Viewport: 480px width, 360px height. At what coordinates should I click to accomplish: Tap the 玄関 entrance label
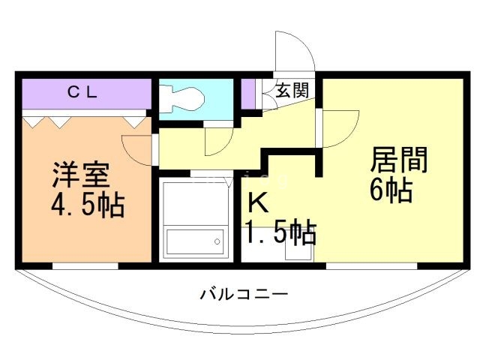(293, 91)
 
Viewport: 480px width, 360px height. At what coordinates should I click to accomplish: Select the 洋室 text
(81, 174)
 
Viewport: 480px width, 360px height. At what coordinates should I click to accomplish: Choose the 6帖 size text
(390, 190)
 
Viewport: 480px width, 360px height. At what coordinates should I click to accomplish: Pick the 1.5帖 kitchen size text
(279, 232)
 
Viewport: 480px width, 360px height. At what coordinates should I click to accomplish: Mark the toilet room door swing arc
(219, 139)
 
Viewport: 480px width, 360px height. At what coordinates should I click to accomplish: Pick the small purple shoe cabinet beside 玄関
(247, 93)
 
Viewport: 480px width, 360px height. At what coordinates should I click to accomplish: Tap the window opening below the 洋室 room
(85, 265)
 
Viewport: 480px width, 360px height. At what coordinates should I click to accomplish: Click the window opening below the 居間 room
(371, 265)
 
